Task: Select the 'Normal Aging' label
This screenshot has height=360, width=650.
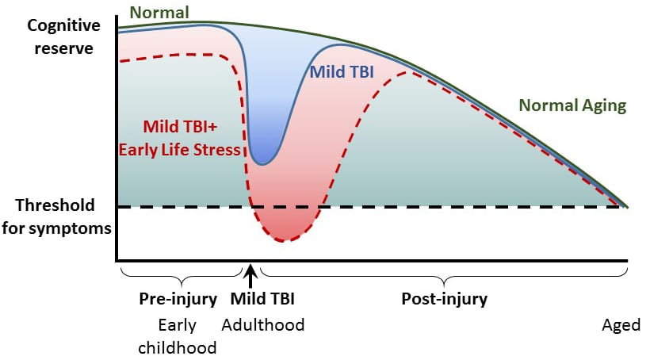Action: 572,105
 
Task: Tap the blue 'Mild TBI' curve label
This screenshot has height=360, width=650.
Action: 342,72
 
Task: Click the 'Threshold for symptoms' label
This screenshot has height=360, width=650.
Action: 55,217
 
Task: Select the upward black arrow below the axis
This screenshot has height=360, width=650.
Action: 251,277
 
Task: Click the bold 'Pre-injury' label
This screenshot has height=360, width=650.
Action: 178,300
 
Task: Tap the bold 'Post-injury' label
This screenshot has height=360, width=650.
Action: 444,300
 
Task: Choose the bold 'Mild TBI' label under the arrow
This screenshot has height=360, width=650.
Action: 262,300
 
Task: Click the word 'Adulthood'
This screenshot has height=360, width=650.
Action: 262,325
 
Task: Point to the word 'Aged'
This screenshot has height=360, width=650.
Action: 621,325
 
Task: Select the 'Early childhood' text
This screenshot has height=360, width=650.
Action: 178,336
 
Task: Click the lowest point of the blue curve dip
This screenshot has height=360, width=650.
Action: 262,164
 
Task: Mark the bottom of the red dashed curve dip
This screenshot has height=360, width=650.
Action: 286,239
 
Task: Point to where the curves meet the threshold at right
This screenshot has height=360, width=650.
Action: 626,207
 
